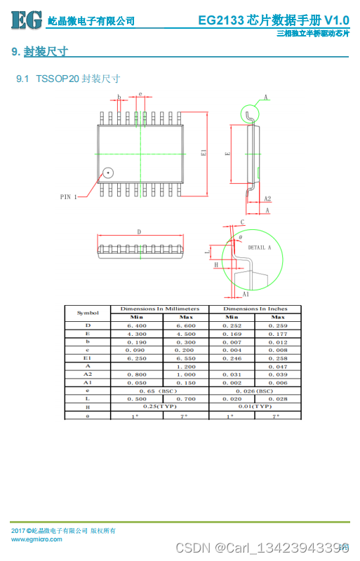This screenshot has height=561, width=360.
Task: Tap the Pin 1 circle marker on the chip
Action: click(x=108, y=171)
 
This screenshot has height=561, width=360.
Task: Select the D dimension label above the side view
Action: click(x=139, y=231)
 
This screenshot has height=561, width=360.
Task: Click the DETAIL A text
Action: click(x=259, y=248)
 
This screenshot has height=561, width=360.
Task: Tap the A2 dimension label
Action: click(x=267, y=199)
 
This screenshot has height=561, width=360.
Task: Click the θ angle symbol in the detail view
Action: click(x=239, y=238)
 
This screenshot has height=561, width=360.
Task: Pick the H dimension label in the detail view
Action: click(x=215, y=265)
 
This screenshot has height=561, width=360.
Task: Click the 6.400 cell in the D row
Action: click(x=136, y=325)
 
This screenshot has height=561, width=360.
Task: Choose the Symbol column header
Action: click(x=88, y=313)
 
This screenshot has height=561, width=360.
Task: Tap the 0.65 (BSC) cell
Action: click(x=160, y=390)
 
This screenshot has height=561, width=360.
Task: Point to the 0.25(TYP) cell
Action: click(x=160, y=406)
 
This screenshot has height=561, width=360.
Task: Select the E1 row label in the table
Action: click(x=88, y=358)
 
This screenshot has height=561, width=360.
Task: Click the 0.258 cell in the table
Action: click(x=279, y=358)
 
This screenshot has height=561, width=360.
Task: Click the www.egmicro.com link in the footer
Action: click(x=36, y=539)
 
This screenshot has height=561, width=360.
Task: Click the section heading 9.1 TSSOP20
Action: click(x=67, y=79)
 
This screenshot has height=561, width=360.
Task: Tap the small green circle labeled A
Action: click(x=250, y=112)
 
